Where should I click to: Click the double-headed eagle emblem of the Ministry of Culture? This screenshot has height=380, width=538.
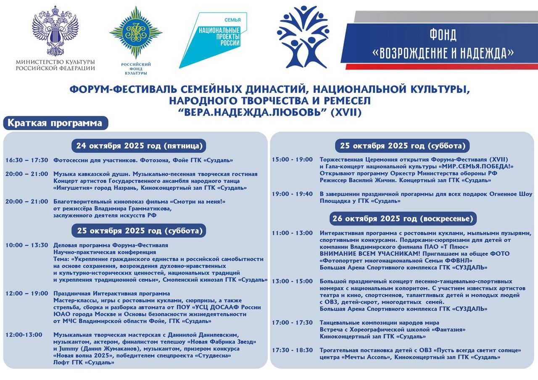55,30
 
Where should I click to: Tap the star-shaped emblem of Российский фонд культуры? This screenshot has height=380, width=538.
136,32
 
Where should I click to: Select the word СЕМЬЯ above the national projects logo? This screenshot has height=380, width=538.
232,20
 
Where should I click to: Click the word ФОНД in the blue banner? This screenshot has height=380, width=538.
443,35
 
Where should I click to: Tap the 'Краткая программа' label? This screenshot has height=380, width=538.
55,123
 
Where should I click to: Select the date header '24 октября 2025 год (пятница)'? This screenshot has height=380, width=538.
139,146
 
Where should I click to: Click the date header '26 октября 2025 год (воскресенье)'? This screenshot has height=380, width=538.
403,218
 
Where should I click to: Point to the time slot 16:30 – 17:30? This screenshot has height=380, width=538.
27,160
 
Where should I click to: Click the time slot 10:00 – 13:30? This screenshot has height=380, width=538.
27,245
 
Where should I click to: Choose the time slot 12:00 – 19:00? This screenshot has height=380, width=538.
27,294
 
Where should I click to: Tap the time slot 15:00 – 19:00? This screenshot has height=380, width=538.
293,160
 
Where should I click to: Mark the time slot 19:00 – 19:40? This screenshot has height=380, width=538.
293,194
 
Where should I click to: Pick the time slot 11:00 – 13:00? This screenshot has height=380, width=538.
293,233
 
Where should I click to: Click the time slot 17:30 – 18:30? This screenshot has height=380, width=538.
293,350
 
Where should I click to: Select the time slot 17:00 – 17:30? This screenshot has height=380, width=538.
293,323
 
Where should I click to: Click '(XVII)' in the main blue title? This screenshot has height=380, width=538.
345,113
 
